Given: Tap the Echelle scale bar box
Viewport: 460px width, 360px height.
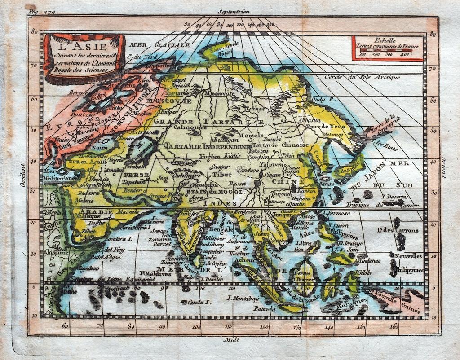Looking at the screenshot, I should click(x=387, y=48).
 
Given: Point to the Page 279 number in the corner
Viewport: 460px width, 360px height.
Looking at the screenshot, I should click(x=40, y=8).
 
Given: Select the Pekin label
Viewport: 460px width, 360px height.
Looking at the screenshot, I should click(x=288, y=155).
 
